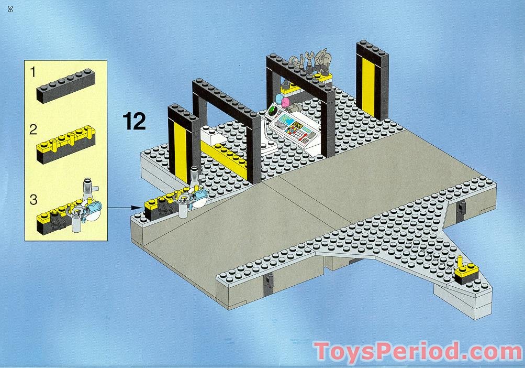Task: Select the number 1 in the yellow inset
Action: coord(33,72)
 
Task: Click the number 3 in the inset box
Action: coord(33,200)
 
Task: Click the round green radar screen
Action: coord(273,112)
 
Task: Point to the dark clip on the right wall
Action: coord(461,210)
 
